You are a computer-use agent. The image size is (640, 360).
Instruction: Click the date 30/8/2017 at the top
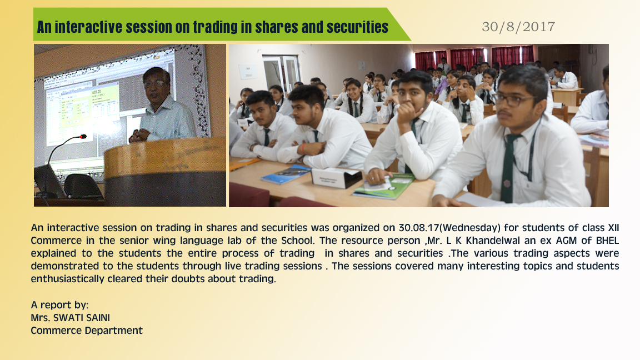(x=518, y=27)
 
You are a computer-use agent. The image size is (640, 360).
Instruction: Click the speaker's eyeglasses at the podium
(x=155, y=83)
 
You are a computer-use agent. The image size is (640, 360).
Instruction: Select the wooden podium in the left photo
(x=165, y=172)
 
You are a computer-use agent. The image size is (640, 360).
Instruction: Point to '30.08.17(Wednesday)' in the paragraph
(x=449, y=228)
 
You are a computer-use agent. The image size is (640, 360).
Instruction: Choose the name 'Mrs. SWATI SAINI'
(x=70, y=318)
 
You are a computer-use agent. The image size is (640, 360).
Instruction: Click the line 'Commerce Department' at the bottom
(x=87, y=331)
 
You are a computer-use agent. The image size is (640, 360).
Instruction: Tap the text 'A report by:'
(x=59, y=305)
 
